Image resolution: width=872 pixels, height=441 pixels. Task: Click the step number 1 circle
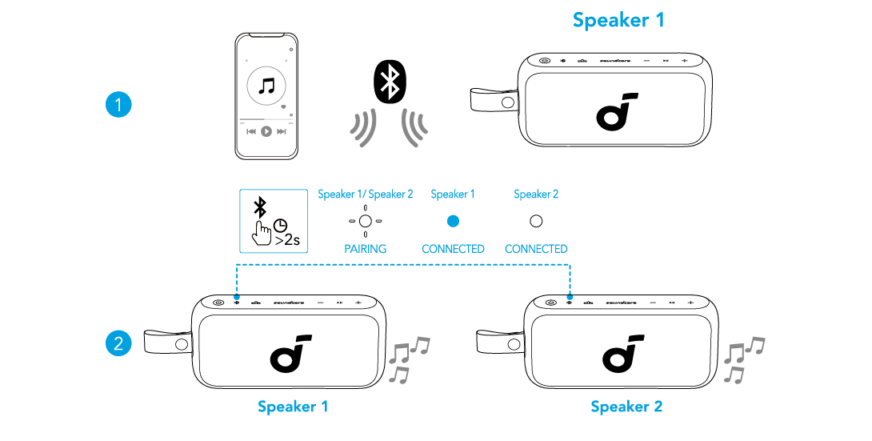(x=118, y=105)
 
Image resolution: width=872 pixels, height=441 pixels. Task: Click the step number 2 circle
(x=118, y=344)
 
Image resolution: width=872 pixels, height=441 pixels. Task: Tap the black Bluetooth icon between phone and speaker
(x=390, y=81)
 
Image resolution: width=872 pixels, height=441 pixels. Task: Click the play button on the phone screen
(x=266, y=130)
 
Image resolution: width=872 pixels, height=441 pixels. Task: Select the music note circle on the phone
(x=267, y=86)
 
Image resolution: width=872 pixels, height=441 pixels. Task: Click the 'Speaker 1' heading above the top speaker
(x=618, y=20)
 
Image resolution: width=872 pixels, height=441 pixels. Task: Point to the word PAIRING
(x=365, y=249)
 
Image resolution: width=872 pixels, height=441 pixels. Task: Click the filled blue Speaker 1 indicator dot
(x=453, y=221)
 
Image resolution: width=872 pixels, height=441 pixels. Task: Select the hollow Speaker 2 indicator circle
(x=536, y=221)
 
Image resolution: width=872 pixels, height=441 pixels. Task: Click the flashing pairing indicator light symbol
(x=365, y=221)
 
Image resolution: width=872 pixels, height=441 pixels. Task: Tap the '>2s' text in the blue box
(x=286, y=238)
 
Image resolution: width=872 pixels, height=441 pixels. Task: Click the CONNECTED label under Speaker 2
(x=536, y=249)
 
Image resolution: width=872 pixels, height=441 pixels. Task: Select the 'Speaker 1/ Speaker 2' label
(x=365, y=194)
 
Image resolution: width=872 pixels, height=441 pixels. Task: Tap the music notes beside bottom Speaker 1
(x=409, y=359)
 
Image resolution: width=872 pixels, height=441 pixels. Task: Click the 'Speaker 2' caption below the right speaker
(x=626, y=407)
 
